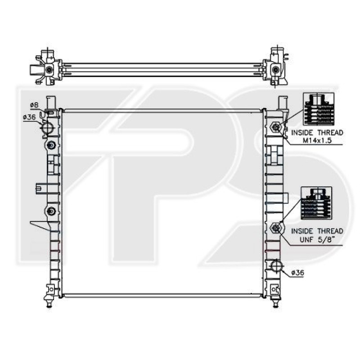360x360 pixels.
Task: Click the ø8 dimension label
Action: coord(34,105)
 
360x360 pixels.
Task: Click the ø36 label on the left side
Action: coord(29,117)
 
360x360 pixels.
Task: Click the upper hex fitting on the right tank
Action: coord(275,127)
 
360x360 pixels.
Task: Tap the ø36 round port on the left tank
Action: coord(48,130)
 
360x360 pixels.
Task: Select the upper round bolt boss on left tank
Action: coord(51,145)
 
